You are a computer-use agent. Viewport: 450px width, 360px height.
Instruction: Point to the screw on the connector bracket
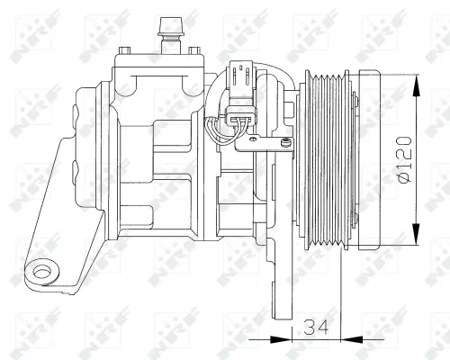[285, 140]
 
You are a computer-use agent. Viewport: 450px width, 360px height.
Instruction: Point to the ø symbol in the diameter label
[407, 179]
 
